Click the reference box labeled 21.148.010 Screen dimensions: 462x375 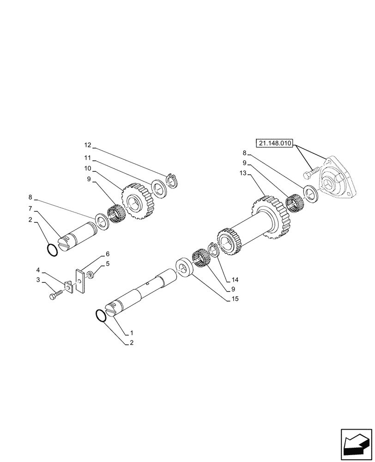tap(275, 144)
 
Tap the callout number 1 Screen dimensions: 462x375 tap(132, 333)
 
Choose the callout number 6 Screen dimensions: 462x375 tap(107, 254)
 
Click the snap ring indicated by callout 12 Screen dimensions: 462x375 tap(173, 179)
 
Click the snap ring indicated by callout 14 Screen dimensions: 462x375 tap(213, 249)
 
